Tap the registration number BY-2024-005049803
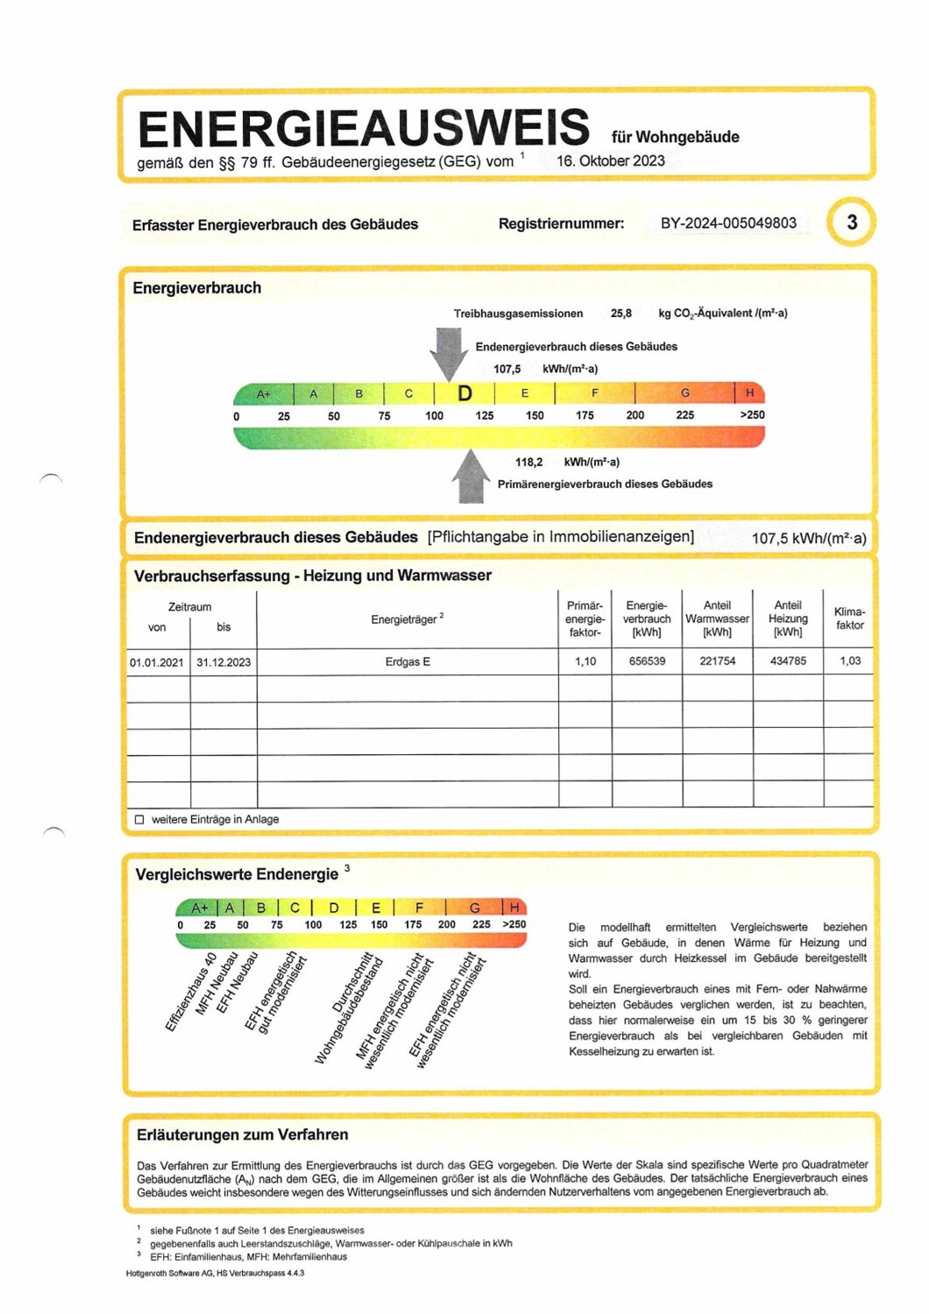point(728,223)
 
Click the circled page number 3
point(851,223)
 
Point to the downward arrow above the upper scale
point(450,352)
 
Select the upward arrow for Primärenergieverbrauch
point(472,477)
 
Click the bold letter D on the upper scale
point(464,393)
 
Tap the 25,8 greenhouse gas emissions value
point(621,314)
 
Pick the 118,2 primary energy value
point(528,463)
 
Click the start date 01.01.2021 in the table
point(157,662)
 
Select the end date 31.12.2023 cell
point(223,662)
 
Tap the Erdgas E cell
point(408,662)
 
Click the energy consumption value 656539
point(647,661)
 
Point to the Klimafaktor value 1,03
point(849,661)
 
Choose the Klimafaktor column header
point(849,618)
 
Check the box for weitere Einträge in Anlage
point(139,820)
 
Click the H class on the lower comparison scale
point(514,908)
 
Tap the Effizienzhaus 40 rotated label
point(191,992)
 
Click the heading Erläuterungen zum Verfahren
point(242,1135)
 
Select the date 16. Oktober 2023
point(610,161)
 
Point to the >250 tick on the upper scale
point(751,415)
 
